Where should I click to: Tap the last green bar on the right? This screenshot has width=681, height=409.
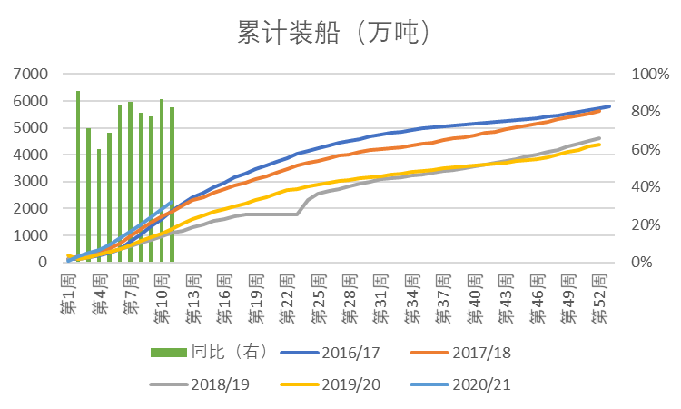[172, 185]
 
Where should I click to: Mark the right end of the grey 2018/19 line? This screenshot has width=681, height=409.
[599, 138]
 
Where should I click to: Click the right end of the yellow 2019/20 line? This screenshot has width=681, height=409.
[599, 145]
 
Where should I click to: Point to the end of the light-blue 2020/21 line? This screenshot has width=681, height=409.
[172, 203]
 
